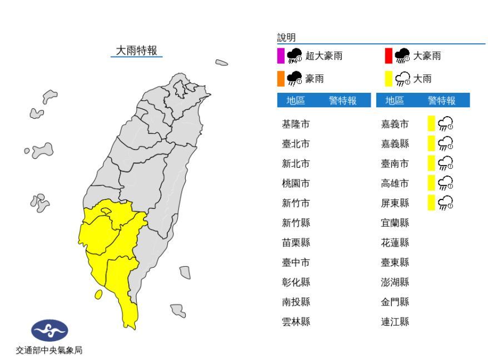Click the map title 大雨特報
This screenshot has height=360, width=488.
[x=137, y=51]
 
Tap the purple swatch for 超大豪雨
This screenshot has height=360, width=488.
[x=281, y=56]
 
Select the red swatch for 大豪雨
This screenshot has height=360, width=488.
[x=389, y=56]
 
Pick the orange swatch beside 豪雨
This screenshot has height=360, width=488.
[x=281, y=79]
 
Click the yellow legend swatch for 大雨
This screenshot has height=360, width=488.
[x=389, y=79]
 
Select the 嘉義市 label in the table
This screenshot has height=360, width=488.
[x=395, y=124]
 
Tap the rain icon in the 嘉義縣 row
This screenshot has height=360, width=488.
[x=446, y=144]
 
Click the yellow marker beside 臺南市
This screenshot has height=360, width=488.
[x=430, y=163]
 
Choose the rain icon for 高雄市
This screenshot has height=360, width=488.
[x=446, y=183]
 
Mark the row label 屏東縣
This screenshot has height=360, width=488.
[x=395, y=203]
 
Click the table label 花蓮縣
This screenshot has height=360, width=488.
[x=395, y=242]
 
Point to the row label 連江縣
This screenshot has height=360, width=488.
[x=395, y=322]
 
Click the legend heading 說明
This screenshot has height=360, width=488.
[x=286, y=38]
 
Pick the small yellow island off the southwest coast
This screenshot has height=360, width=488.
[x=98, y=294]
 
